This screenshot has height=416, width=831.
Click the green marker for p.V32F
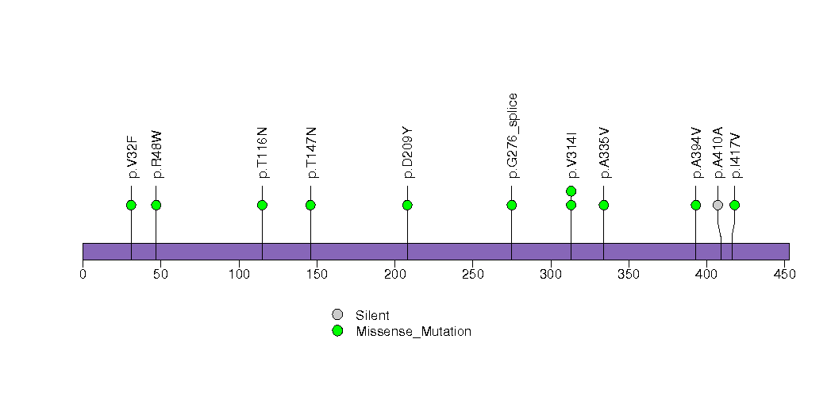click(132, 205)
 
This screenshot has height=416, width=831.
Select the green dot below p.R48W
click(156, 205)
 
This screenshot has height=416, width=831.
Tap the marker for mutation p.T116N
click(263, 205)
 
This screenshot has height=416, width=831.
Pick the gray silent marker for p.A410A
click(718, 205)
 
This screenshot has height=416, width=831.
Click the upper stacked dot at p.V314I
click(571, 191)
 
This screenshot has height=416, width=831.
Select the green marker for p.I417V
click(734, 205)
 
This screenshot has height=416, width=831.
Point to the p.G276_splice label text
click(512, 137)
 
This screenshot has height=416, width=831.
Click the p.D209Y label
click(407, 152)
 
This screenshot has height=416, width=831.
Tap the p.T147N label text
click(311, 152)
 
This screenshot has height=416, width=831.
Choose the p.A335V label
click(604, 152)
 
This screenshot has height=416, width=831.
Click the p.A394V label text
click(696, 152)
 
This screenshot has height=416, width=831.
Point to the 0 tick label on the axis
click(83, 274)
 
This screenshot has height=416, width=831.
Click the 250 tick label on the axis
click(473, 274)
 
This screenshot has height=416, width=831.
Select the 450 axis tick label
click(785, 274)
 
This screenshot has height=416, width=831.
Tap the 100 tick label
click(239, 274)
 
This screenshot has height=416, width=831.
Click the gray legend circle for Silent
click(337, 315)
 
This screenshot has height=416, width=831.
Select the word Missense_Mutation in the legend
click(414, 332)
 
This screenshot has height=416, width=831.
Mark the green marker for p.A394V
click(696, 205)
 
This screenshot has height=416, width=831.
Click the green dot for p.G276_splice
click(511, 205)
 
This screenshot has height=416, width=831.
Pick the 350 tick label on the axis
click(629, 274)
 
